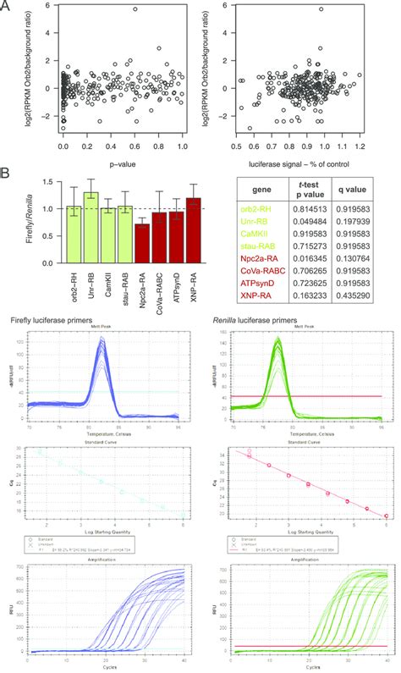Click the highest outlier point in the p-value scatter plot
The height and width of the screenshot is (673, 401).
pyautogui.click(x=135, y=9)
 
